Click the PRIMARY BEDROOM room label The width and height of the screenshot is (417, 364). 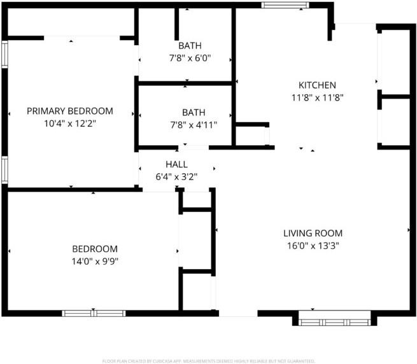(70, 111)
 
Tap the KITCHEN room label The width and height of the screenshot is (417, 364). (317, 85)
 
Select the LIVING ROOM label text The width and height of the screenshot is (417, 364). (313, 233)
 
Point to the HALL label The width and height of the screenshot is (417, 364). (176, 164)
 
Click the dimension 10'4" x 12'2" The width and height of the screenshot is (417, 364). (70, 123)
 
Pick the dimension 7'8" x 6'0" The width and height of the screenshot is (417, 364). (190, 58)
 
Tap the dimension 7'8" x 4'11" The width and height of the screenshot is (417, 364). (194, 125)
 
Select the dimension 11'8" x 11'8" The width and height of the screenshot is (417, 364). (317, 97)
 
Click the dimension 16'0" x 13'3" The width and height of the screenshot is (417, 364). (313, 246)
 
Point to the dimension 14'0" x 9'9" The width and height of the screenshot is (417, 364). (95, 262)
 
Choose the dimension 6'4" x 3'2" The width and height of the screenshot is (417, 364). (176, 176)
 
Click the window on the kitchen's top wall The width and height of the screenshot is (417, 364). (285, 5)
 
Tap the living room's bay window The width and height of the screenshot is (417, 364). (335, 319)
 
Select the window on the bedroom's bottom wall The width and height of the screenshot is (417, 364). (94, 313)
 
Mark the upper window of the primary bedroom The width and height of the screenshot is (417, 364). (5, 54)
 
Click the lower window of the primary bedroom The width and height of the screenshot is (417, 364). (5, 170)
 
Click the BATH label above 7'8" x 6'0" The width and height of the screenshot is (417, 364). (190, 45)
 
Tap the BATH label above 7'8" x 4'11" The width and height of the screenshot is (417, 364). (194, 113)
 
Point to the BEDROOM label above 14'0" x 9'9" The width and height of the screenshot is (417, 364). (95, 249)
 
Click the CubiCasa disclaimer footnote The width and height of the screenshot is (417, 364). (209, 361)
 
